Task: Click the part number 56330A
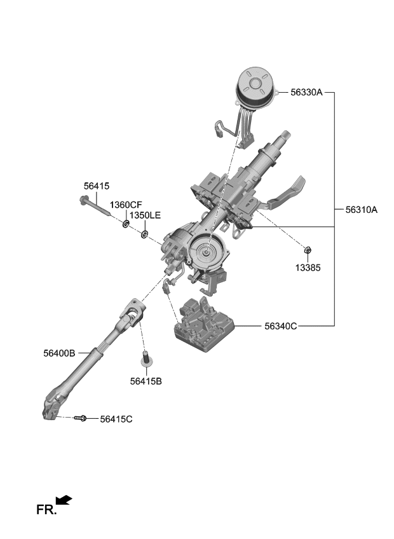[307, 92]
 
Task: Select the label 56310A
[362, 209]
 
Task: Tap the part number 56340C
[281, 326]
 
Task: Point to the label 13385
[308, 268]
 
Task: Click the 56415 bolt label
[97, 186]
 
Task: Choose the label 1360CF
[126, 205]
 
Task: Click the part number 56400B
[60, 353]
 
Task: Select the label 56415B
[146, 381]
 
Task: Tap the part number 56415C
[116, 419]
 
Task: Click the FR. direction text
[46, 509]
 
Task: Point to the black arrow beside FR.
[64, 501]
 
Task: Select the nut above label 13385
[308, 250]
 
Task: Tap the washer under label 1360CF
[126, 224]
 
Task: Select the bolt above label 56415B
[146, 360]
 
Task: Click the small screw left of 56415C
[81, 418]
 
